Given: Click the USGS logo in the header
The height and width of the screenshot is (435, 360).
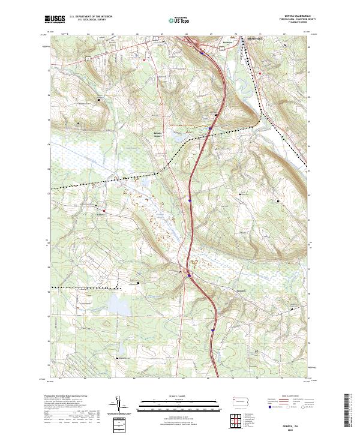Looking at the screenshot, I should pos(55,19).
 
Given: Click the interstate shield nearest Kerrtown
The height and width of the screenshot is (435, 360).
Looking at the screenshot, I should pos(202,53).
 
